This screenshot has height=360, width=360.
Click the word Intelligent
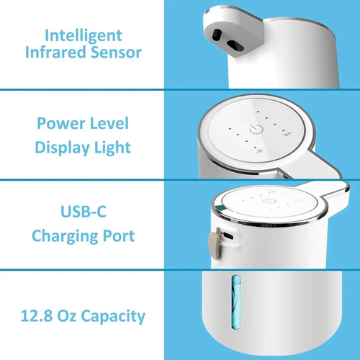point(83,35)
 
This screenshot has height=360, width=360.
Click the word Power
point(60,124)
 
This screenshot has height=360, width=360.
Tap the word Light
point(114,148)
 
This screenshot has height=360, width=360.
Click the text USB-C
point(83,213)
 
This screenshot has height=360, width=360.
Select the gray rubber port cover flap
point(215,243)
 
